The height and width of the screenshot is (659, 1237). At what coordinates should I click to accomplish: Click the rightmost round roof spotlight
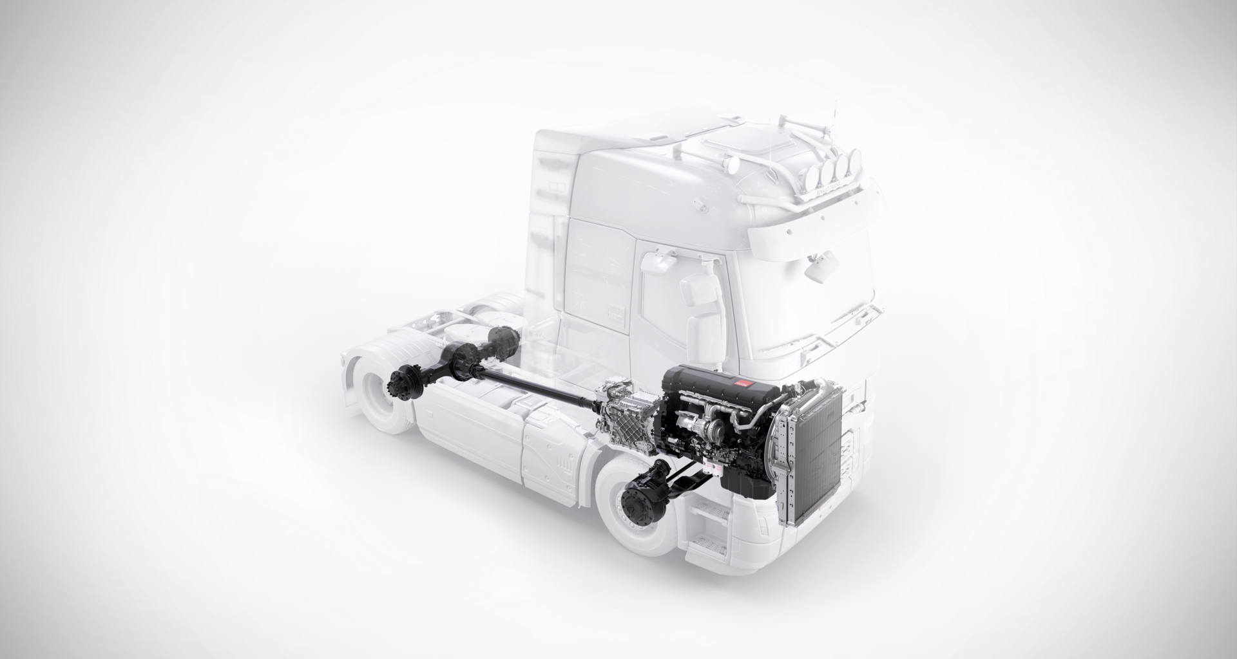click(855, 161)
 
